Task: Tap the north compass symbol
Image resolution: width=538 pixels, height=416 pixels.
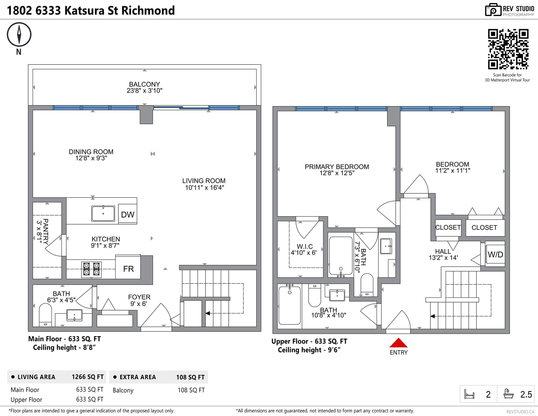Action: [x=19, y=34]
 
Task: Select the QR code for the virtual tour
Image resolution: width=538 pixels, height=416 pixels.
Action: [x=508, y=49]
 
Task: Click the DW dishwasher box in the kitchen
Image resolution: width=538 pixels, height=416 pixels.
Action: [x=127, y=214]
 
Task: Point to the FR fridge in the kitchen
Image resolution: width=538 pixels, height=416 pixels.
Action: [x=128, y=268]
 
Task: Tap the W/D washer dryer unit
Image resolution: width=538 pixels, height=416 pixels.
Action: [x=495, y=254]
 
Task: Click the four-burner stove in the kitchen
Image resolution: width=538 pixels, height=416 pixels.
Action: [x=91, y=269]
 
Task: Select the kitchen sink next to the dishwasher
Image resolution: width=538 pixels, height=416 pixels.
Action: [x=103, y=213]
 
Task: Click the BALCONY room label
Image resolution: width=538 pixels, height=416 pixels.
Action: [x=144, y=84]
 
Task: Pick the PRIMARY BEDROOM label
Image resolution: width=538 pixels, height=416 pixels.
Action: [x=337, y=167]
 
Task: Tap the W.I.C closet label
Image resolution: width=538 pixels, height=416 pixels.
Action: [x=305, y=246]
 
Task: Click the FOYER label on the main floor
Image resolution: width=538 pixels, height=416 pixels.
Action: [x=139, y=297]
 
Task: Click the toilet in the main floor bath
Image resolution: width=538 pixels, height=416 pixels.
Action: [x=45, y=315]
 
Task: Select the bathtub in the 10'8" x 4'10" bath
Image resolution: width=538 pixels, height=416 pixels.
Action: [x=290, y=305]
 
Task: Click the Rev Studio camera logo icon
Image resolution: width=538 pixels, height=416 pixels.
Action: [x=493, y=10]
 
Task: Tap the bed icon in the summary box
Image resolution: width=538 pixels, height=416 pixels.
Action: [x=469, y=394]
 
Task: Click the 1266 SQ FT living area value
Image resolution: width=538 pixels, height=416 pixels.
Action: [x=88, y=377]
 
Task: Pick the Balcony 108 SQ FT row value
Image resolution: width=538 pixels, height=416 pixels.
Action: [x=191, y=390]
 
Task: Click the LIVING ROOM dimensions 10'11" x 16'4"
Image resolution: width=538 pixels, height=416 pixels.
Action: [x=204, y=188]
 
